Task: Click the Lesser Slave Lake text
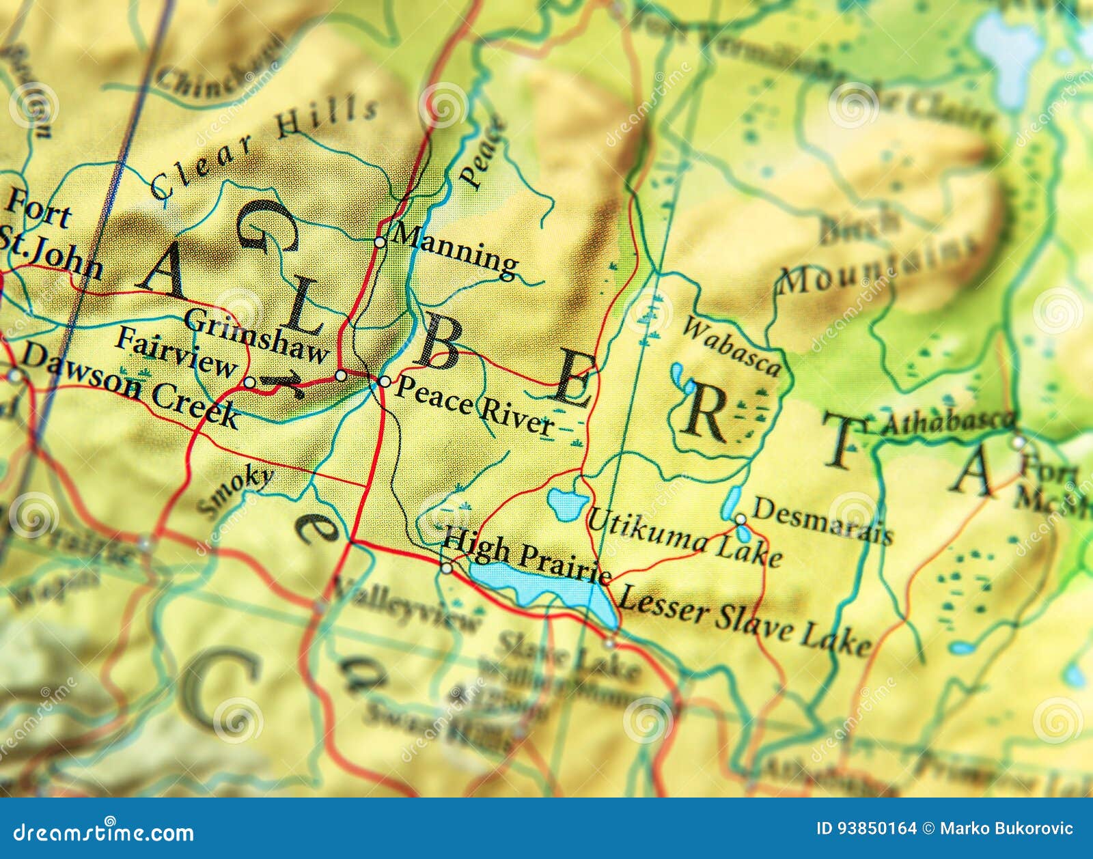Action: coord(743,620)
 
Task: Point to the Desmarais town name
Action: coord(822,521)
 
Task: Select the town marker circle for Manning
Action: coord(380,242)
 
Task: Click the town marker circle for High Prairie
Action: coord(446,568)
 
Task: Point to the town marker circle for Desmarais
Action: coord(741,520)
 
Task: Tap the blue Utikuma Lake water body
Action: coord(567,504)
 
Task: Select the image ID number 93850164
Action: coord(866,829)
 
